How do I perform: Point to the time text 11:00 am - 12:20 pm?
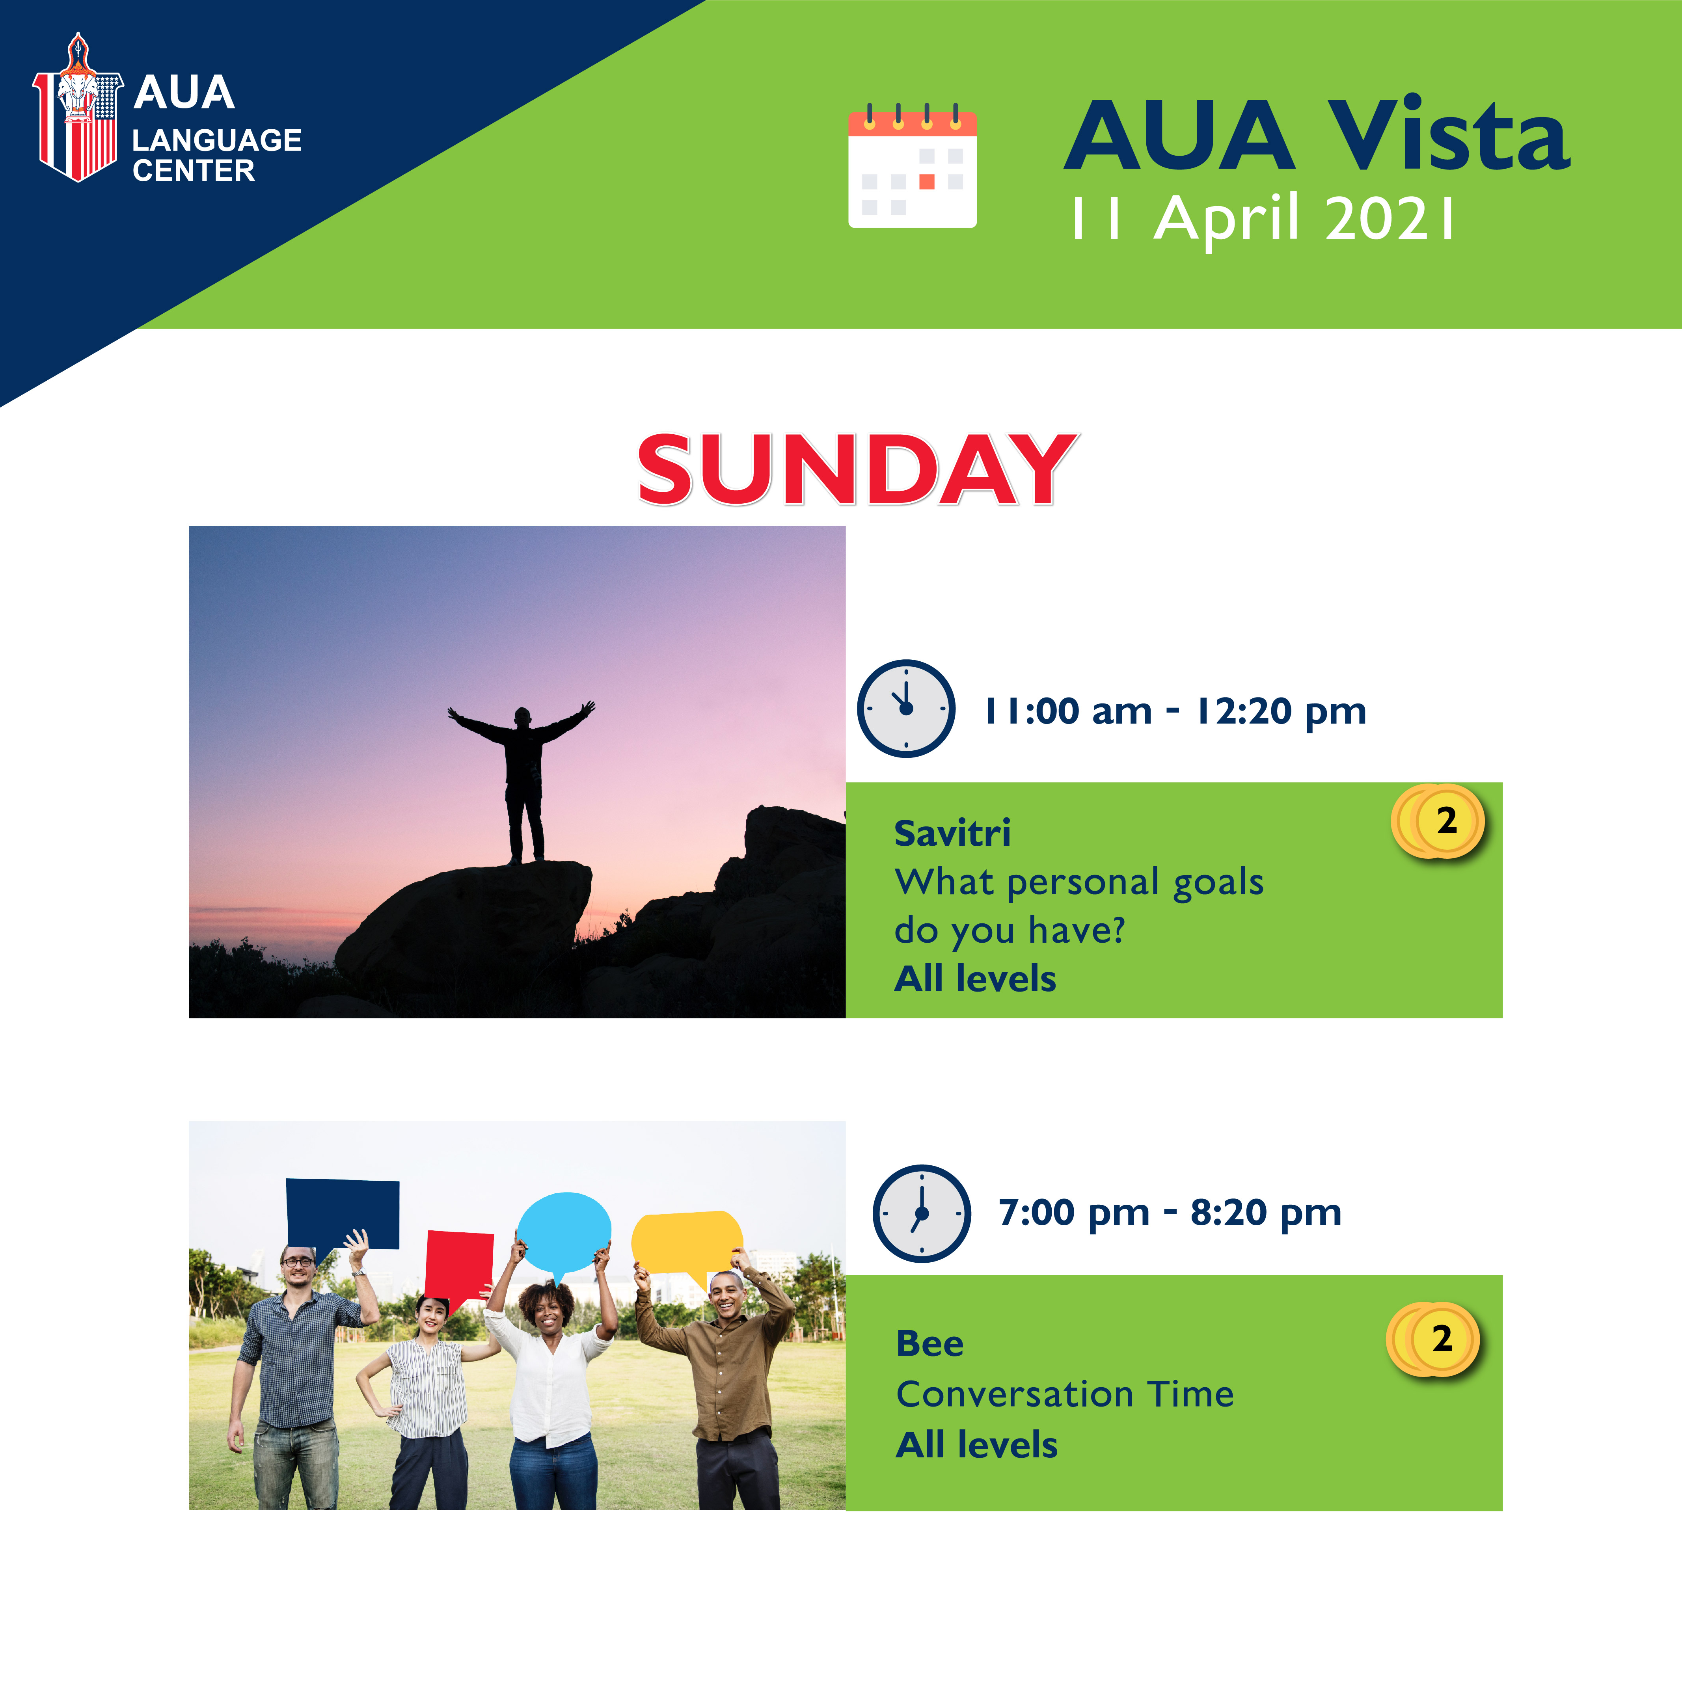point(1175,711)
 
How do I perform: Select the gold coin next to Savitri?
point(1438,821)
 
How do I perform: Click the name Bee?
point(930,1343)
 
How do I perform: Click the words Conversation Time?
point(1065,1394)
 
